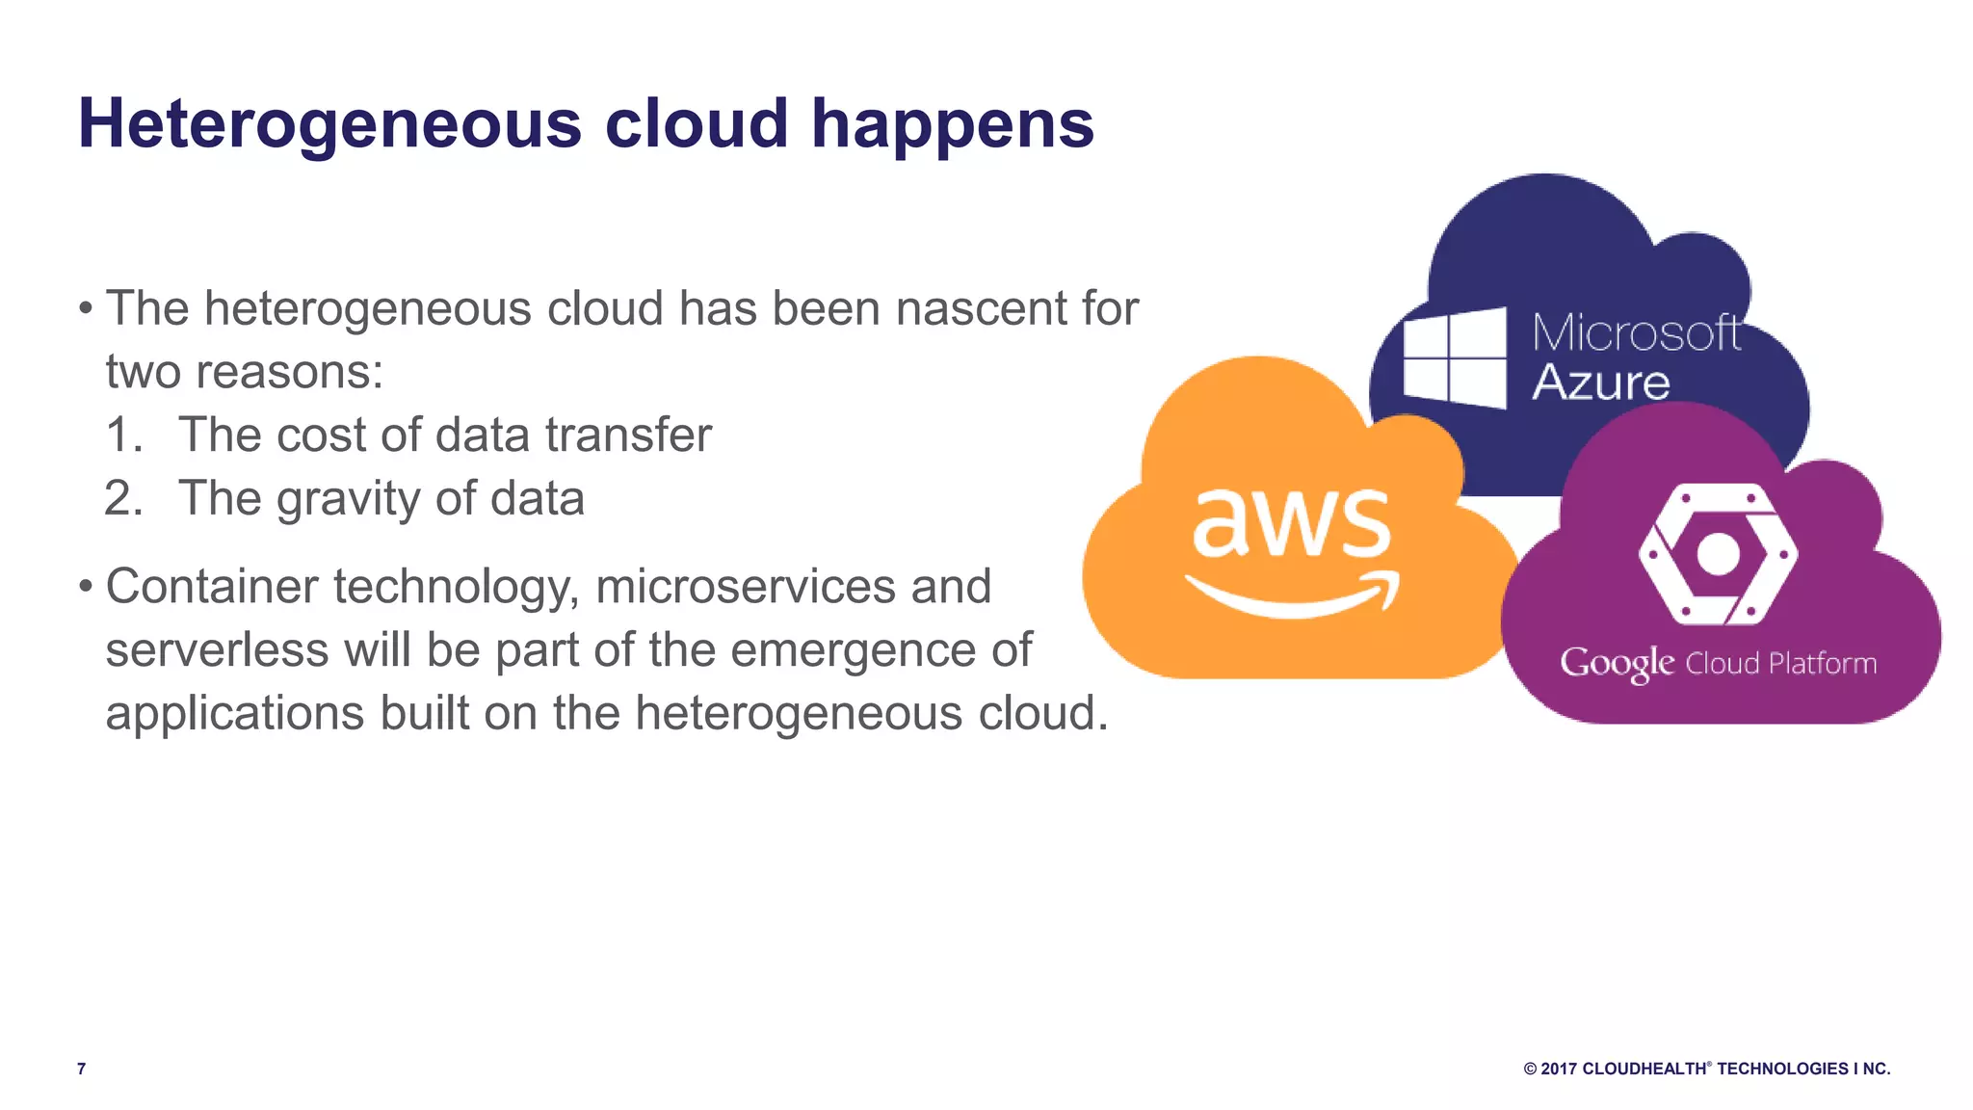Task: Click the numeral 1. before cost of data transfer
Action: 123,436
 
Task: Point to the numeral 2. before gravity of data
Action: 123,499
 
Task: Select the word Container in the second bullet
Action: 211,587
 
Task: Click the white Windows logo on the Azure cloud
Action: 1455,358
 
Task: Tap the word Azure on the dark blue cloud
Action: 1600,383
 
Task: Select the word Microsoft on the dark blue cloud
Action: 1636,333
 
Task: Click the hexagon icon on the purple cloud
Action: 1718,554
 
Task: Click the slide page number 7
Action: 82,1069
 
